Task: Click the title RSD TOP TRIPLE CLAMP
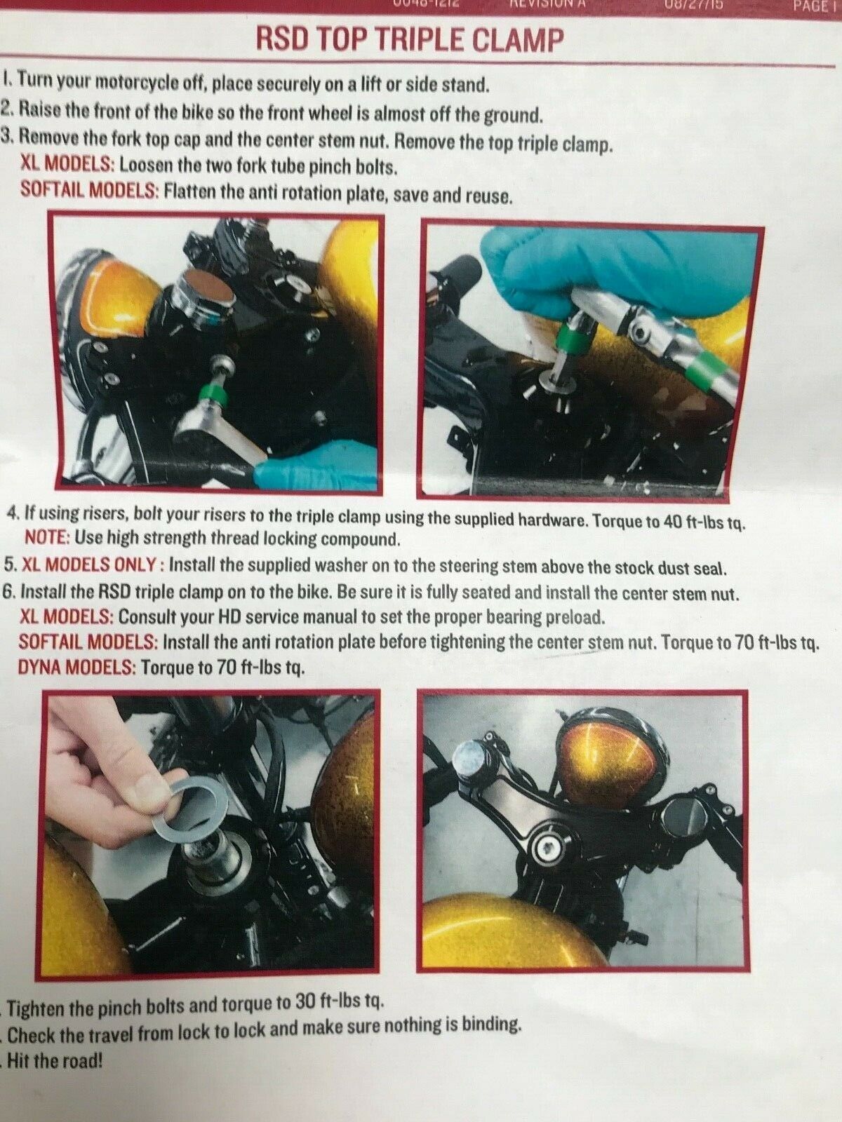[x=410, y=41]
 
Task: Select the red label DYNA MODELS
[x=76, y=667]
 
